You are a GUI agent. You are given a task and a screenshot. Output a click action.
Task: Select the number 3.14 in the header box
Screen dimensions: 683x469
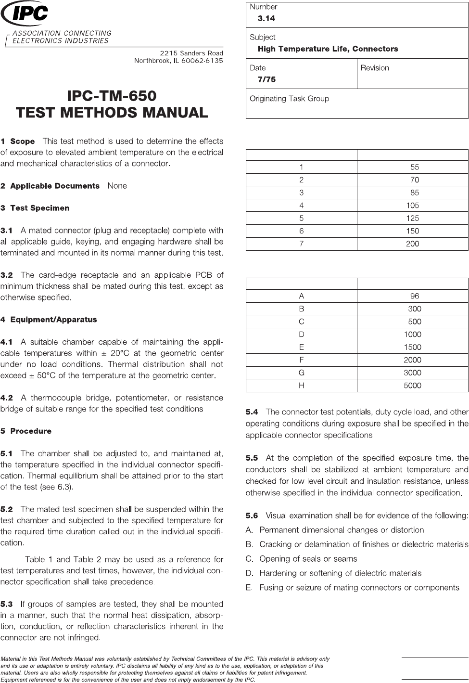coord(266,18)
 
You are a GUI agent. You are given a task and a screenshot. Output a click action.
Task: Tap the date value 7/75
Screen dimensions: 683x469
coord(266,79)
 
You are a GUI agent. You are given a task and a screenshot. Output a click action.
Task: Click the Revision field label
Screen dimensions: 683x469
coord(375,68)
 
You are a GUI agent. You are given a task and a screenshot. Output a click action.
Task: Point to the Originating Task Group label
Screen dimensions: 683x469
coord(289,99)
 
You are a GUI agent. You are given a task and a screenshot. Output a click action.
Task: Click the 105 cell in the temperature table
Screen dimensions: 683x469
coord(412,206)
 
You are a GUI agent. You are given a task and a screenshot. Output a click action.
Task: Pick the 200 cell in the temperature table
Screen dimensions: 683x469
coord(412,244)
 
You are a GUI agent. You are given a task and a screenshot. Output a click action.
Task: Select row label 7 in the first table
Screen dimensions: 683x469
coord(302,244)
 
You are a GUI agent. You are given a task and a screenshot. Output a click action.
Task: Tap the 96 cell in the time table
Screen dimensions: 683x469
coord(414,296)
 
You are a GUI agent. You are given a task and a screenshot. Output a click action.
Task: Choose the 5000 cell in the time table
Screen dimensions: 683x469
coord(412,386)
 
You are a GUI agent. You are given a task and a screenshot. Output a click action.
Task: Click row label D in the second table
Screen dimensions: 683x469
coord(302,335)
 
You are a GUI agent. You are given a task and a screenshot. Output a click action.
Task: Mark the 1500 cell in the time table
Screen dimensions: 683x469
coord(412,347)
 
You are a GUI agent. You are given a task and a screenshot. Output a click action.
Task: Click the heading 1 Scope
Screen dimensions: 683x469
coord(18,142)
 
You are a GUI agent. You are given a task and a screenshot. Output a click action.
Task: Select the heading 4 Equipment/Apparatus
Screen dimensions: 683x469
coord(49,320)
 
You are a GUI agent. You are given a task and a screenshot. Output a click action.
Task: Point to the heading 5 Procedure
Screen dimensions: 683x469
coord(26,431)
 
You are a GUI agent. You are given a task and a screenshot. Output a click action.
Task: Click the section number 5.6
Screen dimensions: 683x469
coord(252,515)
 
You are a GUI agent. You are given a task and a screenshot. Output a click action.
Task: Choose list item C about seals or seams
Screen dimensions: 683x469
coord(302,559)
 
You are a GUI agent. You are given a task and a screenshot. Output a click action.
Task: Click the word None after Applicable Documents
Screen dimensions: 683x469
coord(117,186)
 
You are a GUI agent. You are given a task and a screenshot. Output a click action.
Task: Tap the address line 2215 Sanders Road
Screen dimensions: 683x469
coord(191,53)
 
